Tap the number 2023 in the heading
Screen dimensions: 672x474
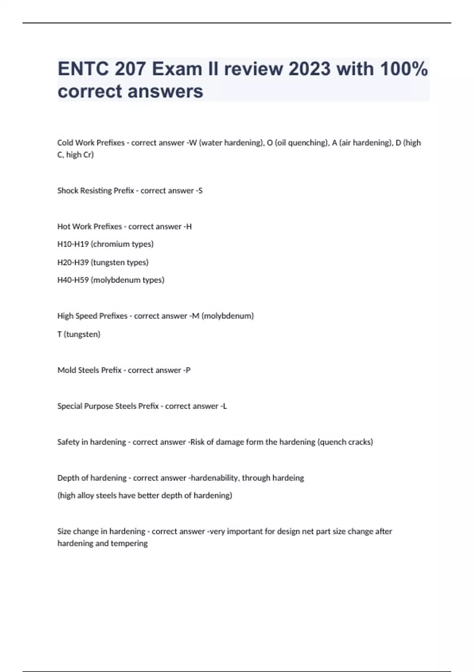(x=310, y=69)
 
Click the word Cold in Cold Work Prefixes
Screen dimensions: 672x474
(x=65, y=143)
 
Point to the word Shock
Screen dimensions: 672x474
(x=68, y=191)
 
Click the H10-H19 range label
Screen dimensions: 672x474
(x=73, y=244)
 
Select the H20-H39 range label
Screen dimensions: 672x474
(x=73, y=262)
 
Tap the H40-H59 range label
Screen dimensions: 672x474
(x=73, y=280)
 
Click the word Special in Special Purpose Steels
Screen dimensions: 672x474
(x=70, y=406)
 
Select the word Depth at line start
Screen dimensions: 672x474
(x=68, y=478)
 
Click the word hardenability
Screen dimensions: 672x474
(x=214, y=478)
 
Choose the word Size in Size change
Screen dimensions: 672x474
(x=64, y=532)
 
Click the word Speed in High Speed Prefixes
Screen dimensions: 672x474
(x=86, y=316)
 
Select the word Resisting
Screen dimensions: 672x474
(x=96, y=191)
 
